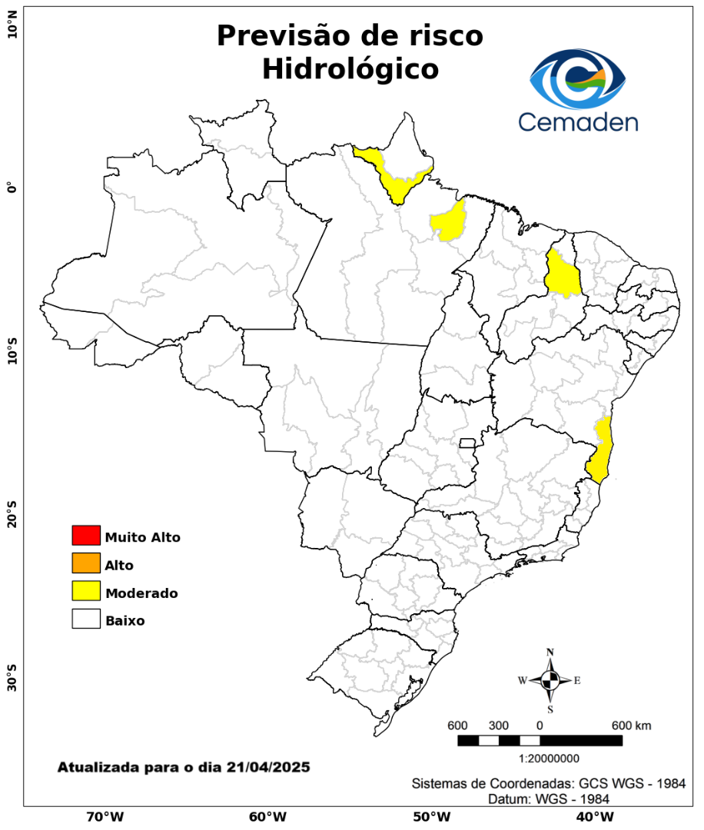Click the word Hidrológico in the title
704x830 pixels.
[350, 69]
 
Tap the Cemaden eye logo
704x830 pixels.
[578, 78]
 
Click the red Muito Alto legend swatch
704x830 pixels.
[86, 535]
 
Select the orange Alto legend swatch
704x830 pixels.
[86, 563]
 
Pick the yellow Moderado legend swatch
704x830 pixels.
[86, 591]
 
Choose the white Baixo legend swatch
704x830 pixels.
[86, 619]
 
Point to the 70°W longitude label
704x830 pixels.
[105, 816]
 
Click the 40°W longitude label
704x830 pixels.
[593, 816]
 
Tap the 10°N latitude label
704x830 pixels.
[12, 31]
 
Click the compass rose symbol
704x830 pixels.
[550, 680]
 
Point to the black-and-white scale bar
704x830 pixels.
[540, 740]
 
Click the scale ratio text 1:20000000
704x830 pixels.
[550, 759]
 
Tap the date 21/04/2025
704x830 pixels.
[268, 767]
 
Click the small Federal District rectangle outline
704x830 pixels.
[467, 443]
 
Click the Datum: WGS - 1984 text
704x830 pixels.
[550, 799]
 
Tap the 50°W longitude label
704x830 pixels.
[430, 816]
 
